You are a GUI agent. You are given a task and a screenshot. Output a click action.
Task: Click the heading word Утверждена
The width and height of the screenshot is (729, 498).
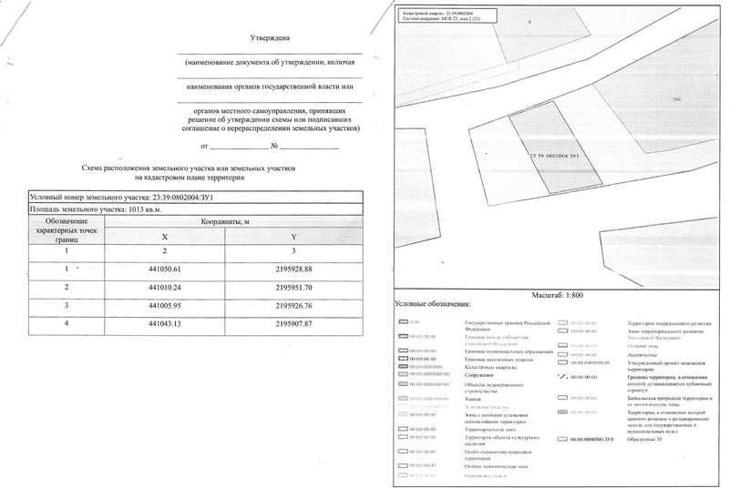click(269, 39)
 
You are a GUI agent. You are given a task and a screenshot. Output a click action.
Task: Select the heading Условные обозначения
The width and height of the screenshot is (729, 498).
click(432, 304)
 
